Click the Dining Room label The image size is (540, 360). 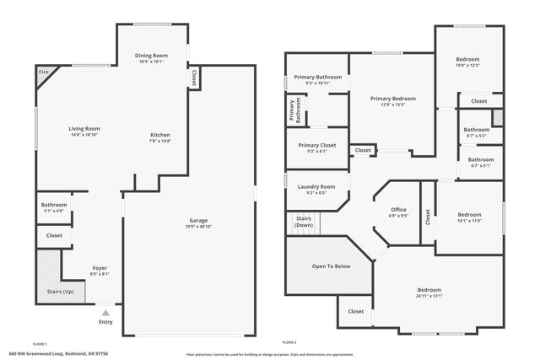click(152, 56)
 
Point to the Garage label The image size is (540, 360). click(198, 221)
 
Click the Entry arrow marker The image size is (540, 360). click(105, 312)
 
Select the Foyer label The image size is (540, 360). click(100, 269)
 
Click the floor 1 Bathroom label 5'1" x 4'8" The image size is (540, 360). click(53, 205)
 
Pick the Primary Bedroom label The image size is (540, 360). click(392, 98)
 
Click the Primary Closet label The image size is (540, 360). click(317, 145)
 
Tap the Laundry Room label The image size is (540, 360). click(317, 186)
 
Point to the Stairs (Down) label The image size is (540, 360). click(304, 223)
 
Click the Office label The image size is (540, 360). click(398, 209)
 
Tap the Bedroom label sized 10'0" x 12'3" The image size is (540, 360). click(467, 59)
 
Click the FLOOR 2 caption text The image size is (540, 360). click(289, 343)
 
